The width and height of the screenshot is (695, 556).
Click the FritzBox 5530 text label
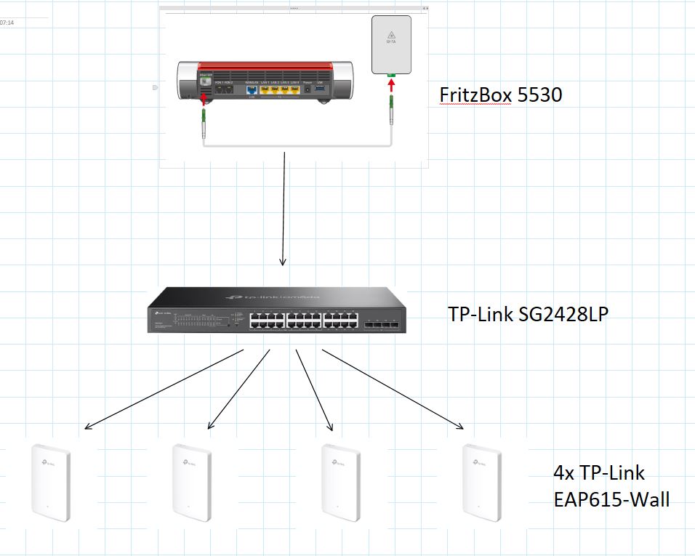point(500,95)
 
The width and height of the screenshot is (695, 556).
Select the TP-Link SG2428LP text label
point(527,314)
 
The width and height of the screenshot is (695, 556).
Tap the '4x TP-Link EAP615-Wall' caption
point(611,486)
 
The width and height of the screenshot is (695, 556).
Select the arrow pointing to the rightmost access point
point(393,389)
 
